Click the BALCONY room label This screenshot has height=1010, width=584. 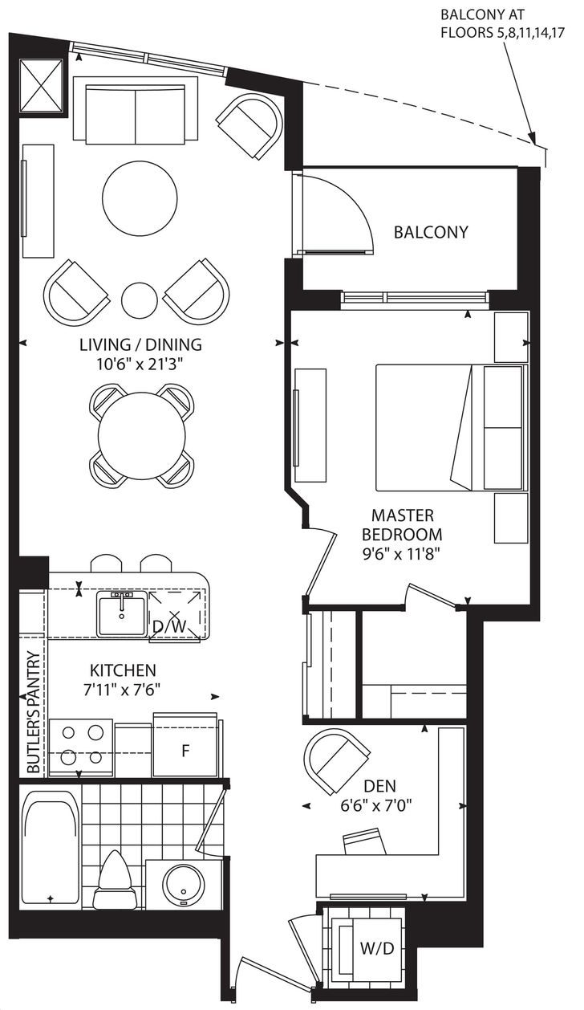431,232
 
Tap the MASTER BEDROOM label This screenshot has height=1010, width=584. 402,525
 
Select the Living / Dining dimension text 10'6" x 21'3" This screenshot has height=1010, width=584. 141,364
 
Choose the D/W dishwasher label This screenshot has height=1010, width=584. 170,627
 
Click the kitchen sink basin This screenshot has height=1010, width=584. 122,613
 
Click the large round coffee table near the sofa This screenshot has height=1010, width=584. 140,198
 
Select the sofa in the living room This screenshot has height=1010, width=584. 136,110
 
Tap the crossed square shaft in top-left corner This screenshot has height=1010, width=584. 41,85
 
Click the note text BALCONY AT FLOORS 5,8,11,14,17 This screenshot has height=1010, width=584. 502,23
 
